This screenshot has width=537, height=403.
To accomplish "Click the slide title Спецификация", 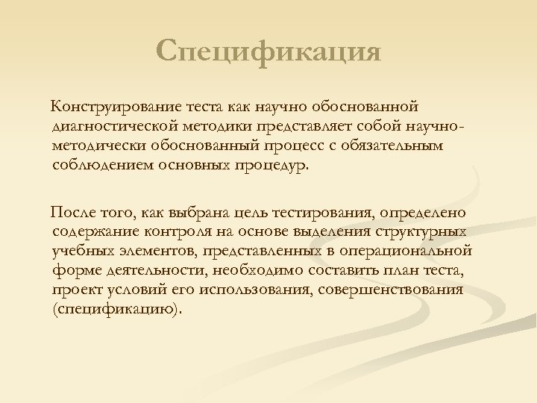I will [x=268, y=52].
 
